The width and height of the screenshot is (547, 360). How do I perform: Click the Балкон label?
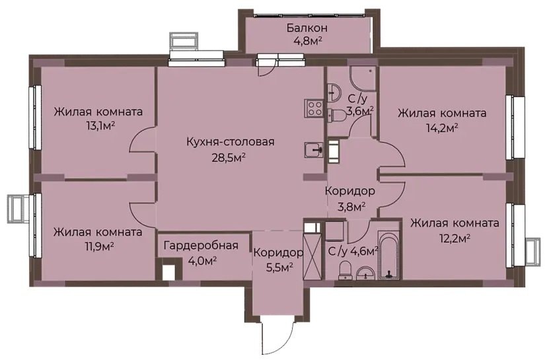[x=307, y=28]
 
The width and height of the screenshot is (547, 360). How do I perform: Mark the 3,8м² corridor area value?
[x=350, y=205]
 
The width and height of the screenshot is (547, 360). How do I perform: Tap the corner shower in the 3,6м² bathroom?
[x=363, y=78]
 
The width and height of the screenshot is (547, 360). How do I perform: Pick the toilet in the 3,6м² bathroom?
[x=338, y=116]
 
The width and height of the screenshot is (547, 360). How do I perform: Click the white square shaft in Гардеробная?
[x=170, y=271]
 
